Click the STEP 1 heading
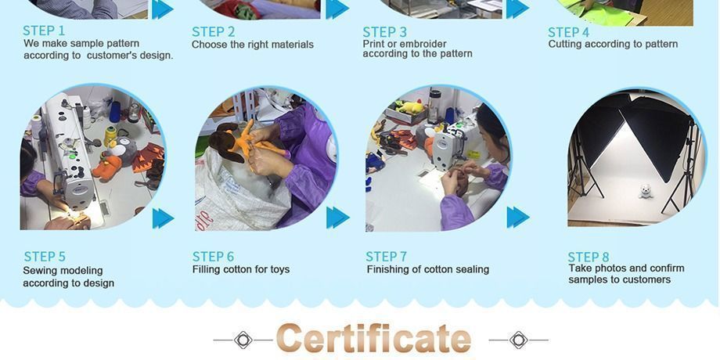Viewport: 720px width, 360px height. (44, 31)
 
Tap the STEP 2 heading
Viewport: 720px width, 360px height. (213, 31)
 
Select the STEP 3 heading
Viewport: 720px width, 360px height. (385, 32)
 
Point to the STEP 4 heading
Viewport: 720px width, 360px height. (568, 33)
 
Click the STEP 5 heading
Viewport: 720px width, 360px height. (45, 256)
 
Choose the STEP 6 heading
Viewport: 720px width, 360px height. (213, 256)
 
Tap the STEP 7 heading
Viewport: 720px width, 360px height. (386, 256)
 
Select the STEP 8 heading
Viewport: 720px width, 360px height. (589, 257)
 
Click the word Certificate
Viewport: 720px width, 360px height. (374, 338)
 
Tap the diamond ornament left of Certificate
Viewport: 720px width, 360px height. (243, 340)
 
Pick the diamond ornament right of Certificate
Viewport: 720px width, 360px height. (518, 340)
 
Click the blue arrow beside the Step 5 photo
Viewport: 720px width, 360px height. (163, 218)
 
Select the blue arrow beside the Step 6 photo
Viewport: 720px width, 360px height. (337, 218)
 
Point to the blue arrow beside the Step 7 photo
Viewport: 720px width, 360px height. (518, 218)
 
